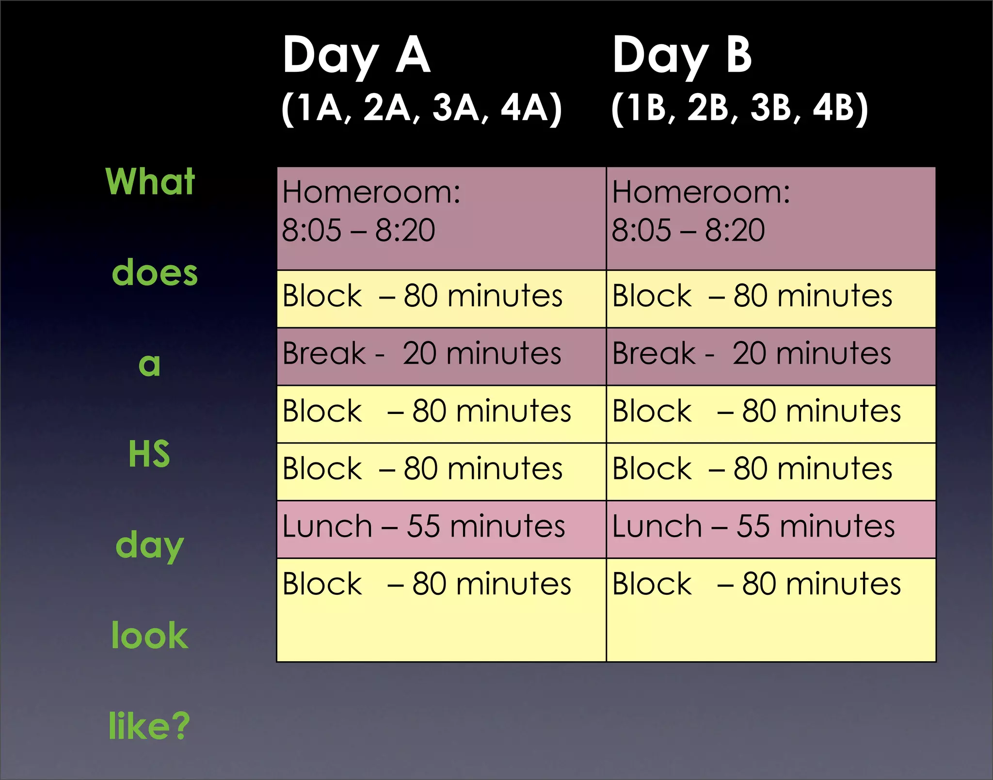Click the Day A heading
(x=356, y=56)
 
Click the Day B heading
(x=682, y=56)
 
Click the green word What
(x=150, y=181)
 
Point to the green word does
(x=155, y=272)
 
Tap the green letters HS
(x=149, y=454)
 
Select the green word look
(x=149, y=635)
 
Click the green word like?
(x=149, y=726)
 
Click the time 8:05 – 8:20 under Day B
(x=688, y=230)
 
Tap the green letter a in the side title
(x=149, y=365)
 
